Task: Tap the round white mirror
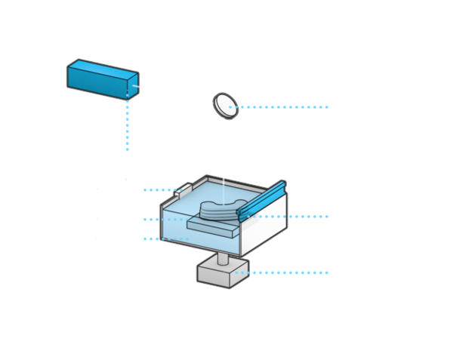pyautogui.click(x=225, y=105)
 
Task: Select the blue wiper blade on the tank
pyautogui.click(x=261, y=200)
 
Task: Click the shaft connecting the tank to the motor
pyautogui.click(x=223, y=258)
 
